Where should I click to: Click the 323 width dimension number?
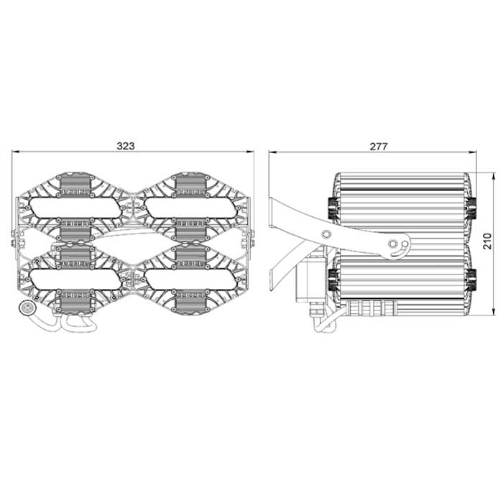tap(126, 145)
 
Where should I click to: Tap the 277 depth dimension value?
tap(379, 145)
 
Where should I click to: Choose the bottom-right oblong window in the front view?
tap(189, 277)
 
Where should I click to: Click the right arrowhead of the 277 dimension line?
tap(476, 152)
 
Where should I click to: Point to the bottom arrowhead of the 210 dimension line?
tap(494, 314)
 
